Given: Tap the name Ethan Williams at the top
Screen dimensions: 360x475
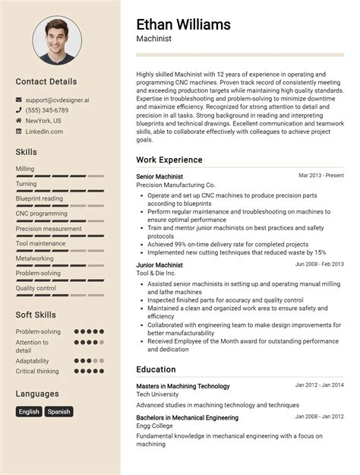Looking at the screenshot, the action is click(x=183, y=24).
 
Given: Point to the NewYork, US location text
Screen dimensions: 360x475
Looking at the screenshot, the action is click(x=43, y=121).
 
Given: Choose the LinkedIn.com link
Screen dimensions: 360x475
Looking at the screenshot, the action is click(x=44, y=131).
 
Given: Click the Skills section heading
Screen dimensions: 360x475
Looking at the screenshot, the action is click(x=26, y=152).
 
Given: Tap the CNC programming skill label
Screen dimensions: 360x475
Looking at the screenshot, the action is click(x=43, y=214).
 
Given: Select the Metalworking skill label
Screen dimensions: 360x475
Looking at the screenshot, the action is click(x=35, y=258).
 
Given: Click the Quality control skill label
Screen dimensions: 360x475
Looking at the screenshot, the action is click(x=36, y=288).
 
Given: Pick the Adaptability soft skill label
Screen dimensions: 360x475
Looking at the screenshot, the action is click(x=32, y=361).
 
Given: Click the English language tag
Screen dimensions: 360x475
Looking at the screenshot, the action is click(x=29, y=412).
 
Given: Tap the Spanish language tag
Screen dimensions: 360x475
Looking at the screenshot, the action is click(x=58, y=412).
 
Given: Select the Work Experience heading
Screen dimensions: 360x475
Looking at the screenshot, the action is click(x=169, y=160).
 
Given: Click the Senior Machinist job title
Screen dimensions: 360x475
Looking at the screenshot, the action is click(x=159, y=176).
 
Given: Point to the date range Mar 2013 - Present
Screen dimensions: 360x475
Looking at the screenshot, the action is click(x=321, y=176).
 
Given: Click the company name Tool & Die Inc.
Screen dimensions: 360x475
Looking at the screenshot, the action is click(x=156, y=273).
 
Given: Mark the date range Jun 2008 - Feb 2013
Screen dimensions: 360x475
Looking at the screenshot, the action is click(x=319, y=264).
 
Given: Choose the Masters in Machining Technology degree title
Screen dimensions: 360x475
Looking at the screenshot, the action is click(x=182, y=386).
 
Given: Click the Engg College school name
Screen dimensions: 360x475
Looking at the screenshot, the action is click(x=155, y=426).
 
